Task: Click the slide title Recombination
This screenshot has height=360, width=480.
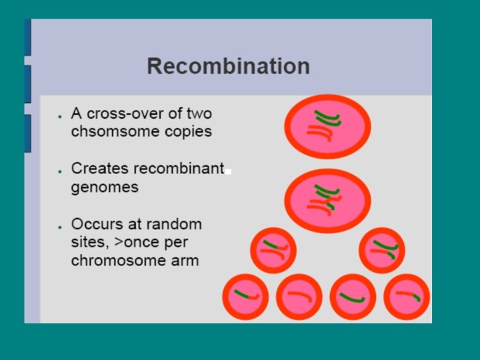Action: pos(228,67)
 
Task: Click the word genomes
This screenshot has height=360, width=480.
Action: pos(105,187)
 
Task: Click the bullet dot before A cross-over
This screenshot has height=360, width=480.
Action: pos(60,115)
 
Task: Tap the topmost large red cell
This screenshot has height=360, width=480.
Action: pos(327,125)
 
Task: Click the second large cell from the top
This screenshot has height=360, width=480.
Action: pos(327,199)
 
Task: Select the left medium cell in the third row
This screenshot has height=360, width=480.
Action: pos(273,251)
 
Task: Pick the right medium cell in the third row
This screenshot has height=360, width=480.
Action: pos(381,251)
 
